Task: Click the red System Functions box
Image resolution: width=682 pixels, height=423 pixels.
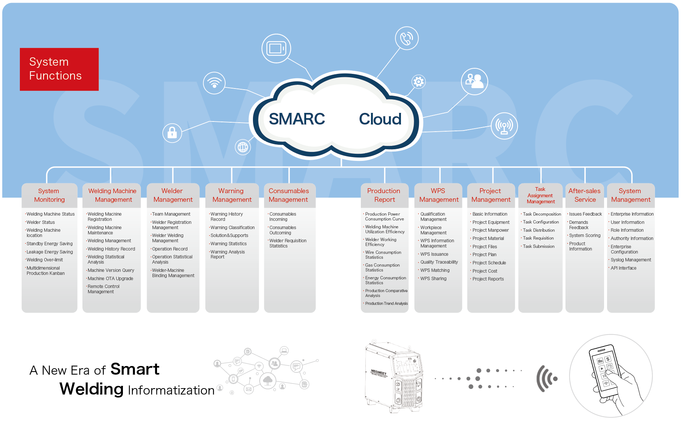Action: [x=59, y=69]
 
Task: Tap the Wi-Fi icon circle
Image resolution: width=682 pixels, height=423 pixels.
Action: [x=214, y=83]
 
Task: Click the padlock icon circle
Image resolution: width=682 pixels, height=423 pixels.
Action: [x=172, y=133]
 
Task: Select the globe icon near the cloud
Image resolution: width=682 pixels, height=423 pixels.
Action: [x=243, y=147]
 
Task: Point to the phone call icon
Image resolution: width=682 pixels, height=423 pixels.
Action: [x=407, y=38]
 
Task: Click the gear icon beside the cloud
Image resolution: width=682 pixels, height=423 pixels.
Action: [x=419, y=81]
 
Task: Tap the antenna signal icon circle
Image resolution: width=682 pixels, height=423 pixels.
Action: [x=504, y=126]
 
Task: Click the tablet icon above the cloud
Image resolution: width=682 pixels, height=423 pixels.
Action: [x=276, y=48]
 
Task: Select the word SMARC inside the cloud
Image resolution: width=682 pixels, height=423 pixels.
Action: [x=297, y=119]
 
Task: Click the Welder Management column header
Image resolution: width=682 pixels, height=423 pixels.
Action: [x=173, y=195]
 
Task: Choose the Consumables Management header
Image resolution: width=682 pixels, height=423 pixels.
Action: [x=289, y=195]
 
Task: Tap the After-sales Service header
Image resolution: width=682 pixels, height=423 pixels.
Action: [x=585, y=195]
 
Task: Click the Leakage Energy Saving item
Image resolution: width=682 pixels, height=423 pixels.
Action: [x=50, y=252]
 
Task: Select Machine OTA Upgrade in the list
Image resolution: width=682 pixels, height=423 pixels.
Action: [x=111, y=279]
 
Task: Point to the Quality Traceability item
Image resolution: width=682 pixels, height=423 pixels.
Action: [x=439, y=262]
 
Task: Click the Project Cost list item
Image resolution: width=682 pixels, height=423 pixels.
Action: [x=485, y=271]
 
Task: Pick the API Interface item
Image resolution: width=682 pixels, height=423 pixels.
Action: [x=624, y=268]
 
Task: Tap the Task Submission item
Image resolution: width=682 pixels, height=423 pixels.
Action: [x=538, y=246]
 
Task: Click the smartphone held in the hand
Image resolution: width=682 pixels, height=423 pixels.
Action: [x=604, y=371]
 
